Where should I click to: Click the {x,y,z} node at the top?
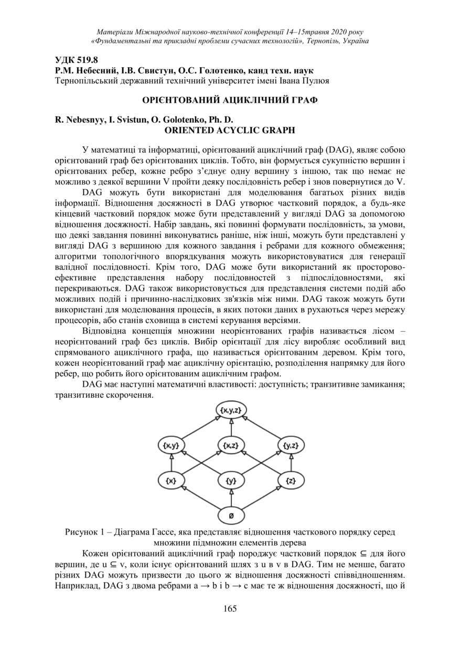pos(231,410)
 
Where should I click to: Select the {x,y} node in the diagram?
pos(171,446)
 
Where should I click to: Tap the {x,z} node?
pos(231,446)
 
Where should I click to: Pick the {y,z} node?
pos(291,446)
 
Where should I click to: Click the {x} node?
pos(171,480)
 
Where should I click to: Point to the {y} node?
pos(231,480)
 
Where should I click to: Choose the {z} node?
pos(291,480)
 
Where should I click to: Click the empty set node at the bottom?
pos(231,516)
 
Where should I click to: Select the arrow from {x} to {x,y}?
pos(171,463)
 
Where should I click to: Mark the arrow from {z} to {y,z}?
pos(291,463)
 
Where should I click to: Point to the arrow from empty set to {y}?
pos(231,498)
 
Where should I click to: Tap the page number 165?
pos(230,609)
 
